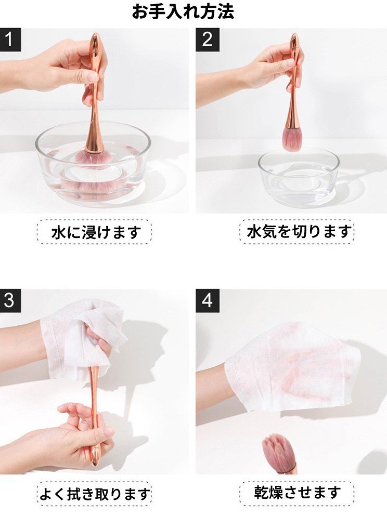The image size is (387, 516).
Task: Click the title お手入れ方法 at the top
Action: tap(183, 11)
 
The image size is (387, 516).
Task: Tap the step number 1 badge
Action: tap(10, 40)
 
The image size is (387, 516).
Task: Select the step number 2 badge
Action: tap(207, 40)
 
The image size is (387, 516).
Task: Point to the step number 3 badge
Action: tap(10, 301)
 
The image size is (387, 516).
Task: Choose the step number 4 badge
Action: tap(207, 301)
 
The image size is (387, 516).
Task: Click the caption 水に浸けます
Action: tap(96, 232)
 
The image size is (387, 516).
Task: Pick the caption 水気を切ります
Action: tap(299, 231)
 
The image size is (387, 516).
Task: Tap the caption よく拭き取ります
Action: tap(95, 493)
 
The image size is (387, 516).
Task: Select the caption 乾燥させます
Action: tap(297, 492)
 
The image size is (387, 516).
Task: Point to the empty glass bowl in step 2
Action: tap(299, 178)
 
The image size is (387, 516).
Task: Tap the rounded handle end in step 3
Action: tap(95, 458)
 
